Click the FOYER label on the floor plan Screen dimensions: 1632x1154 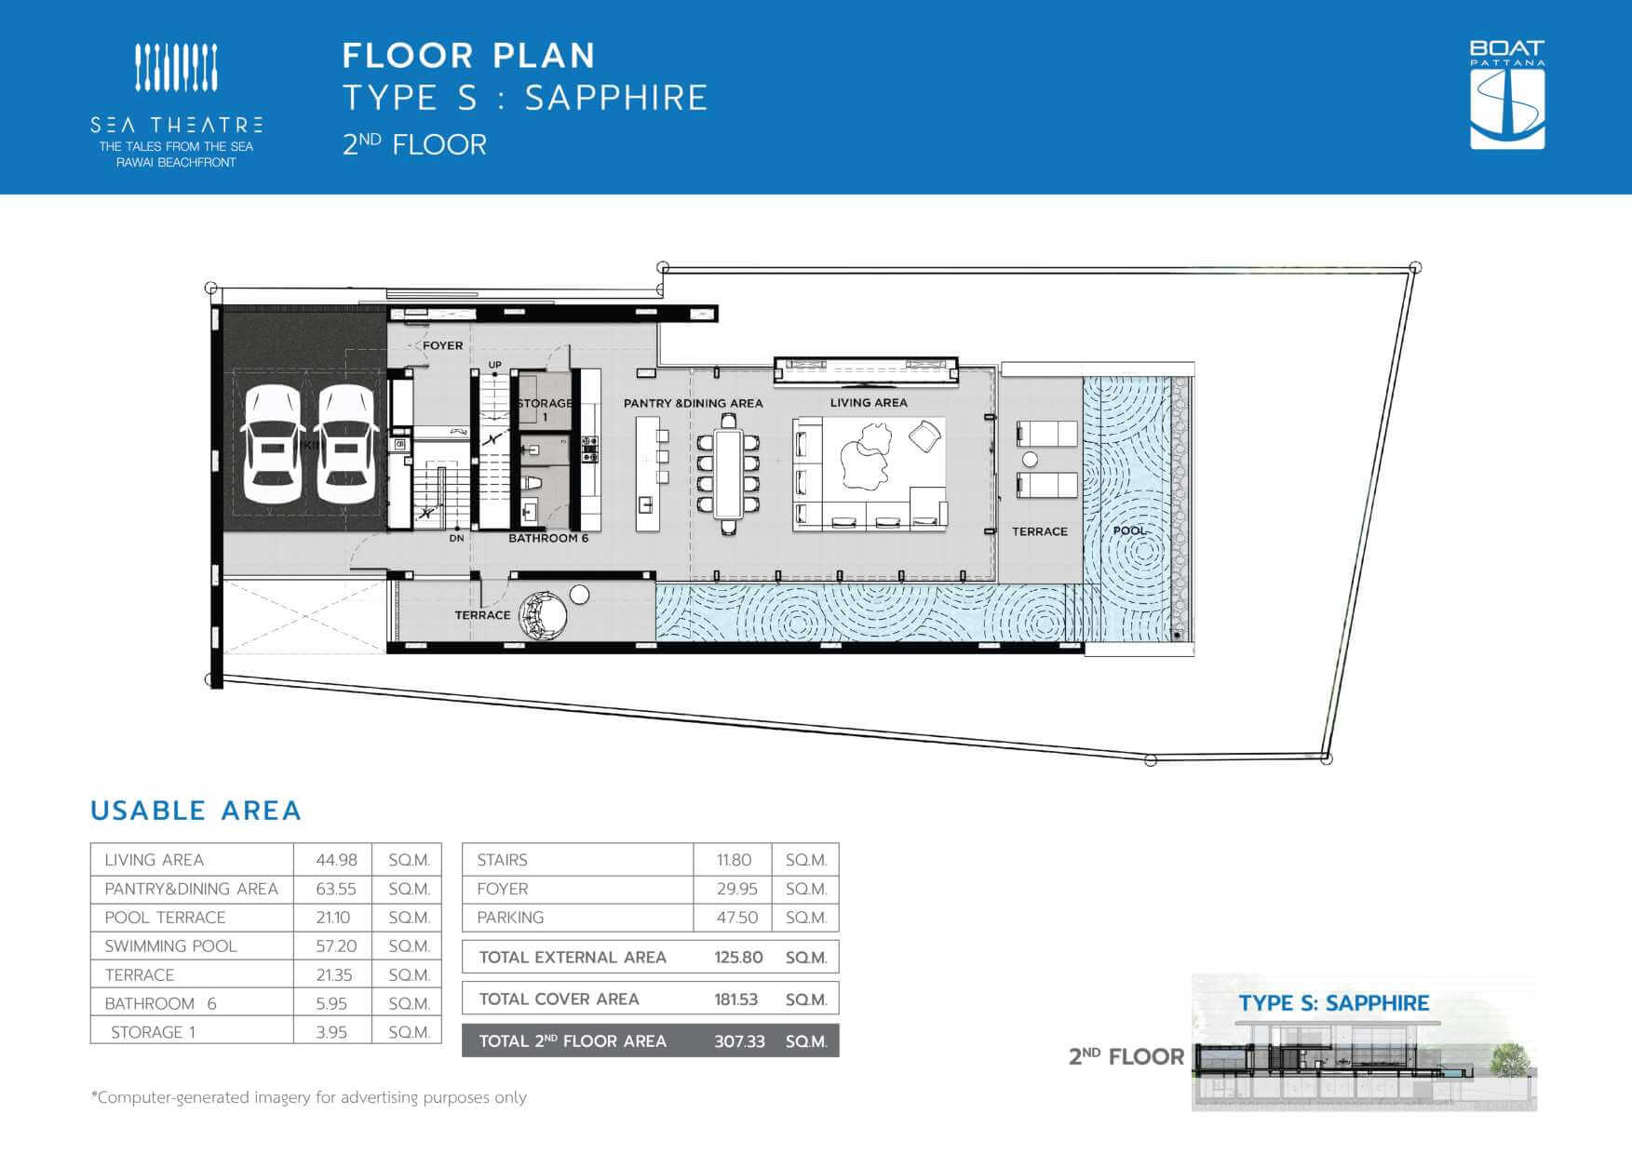click(x=442, y=345)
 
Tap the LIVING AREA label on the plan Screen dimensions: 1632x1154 click(x=869, y=403)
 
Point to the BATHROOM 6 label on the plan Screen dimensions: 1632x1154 click(x=548, y=538)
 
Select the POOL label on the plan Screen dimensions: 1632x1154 click(x=1129, y=530)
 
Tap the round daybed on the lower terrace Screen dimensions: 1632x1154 click(x=542, y=616)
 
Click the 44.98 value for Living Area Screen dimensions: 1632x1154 click(x=336, y=860)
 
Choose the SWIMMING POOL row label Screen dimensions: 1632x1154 click(x=170, y=946)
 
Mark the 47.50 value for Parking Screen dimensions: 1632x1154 click(x=737, y=918)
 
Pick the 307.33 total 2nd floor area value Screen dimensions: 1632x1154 click(x=739, y=1041)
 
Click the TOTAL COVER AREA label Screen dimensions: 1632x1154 click(x=559, y=1000)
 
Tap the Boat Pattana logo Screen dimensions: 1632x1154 click(x=1507, y=94)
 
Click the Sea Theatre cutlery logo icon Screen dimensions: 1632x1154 click(x=176, y=68)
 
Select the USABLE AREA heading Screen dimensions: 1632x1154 click(x=196, y=811)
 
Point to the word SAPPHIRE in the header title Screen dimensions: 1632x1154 click(x=616, y=98)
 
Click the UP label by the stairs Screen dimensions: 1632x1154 click(x=494, y=365)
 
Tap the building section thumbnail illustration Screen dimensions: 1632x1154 click(x=1364, y=1042)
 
